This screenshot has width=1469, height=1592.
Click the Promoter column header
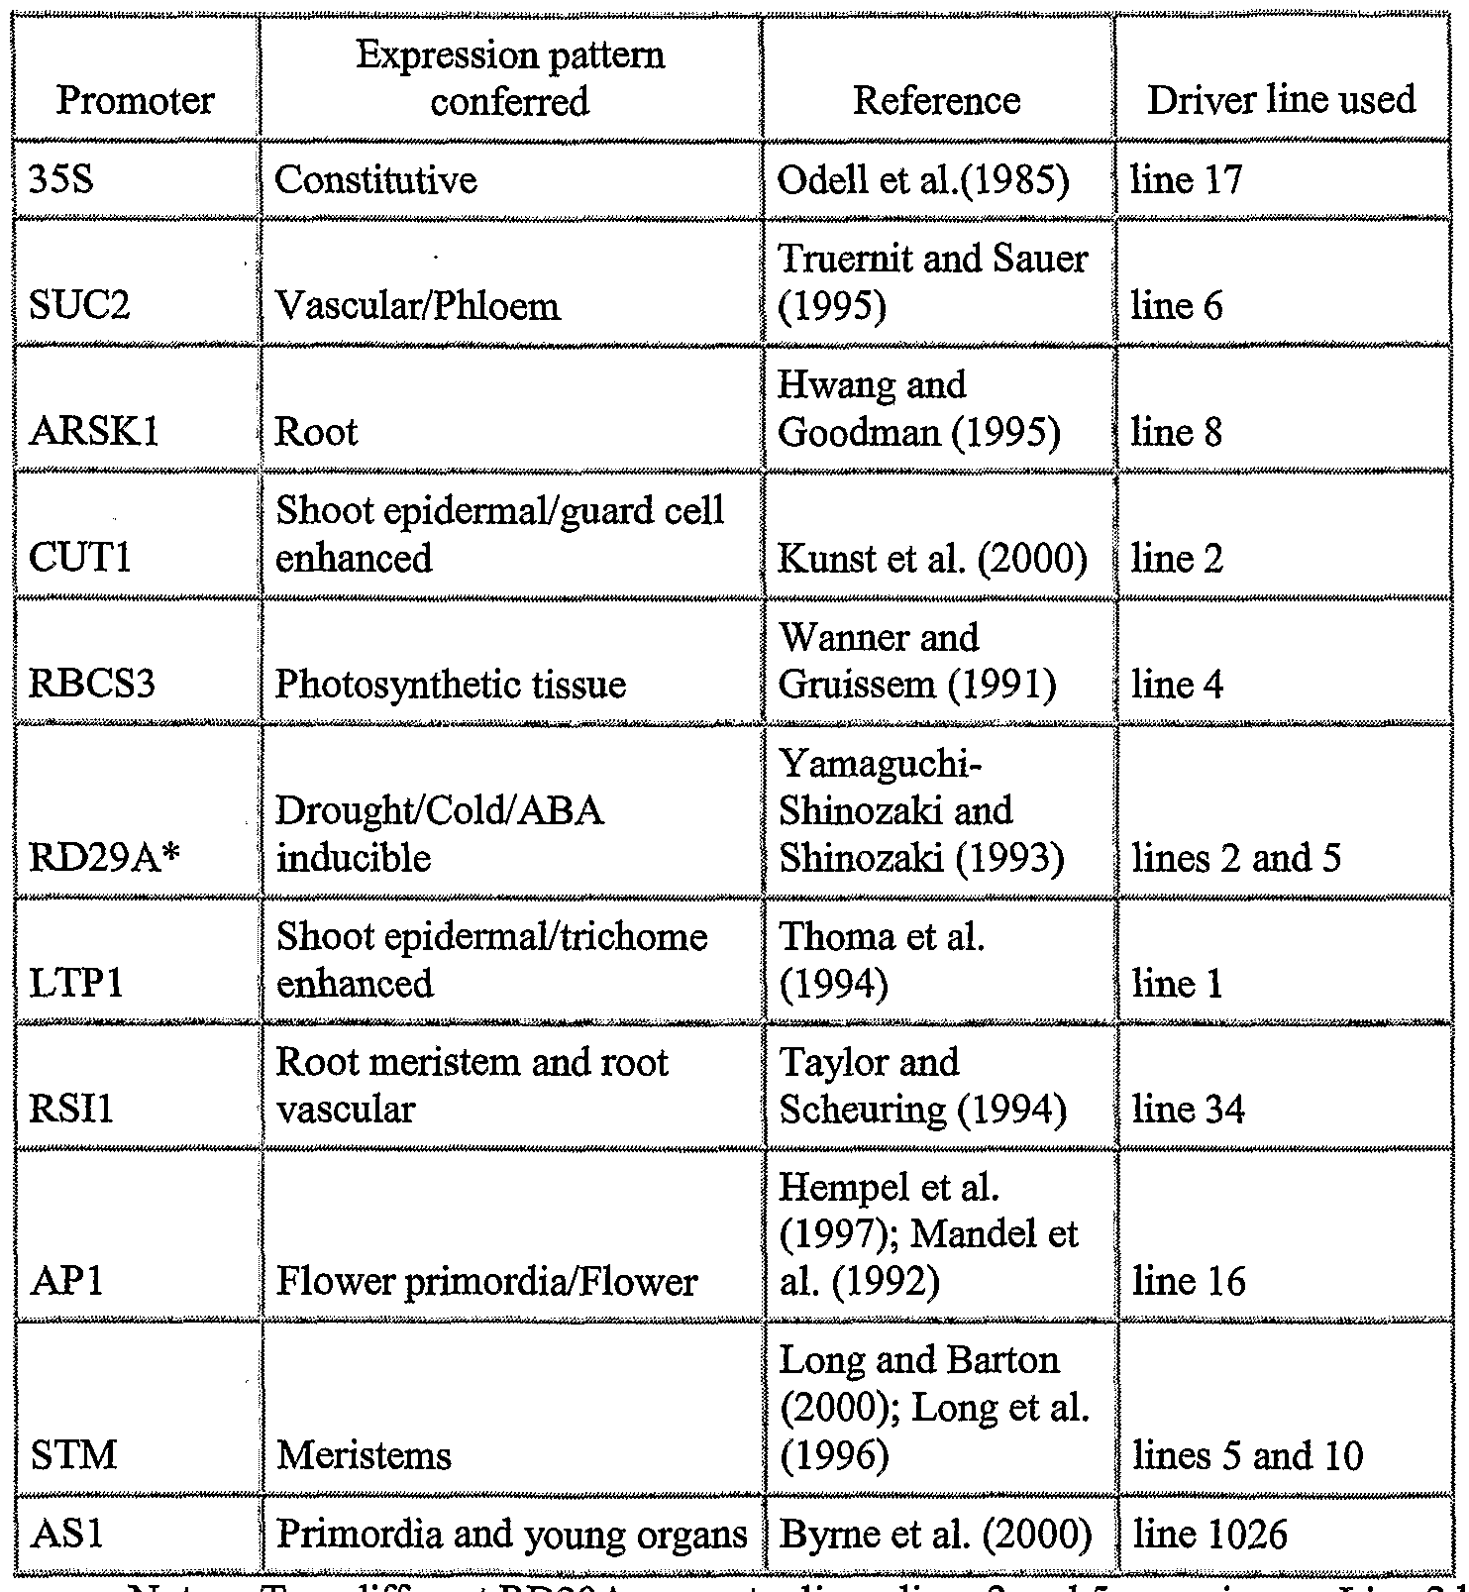(135, 100)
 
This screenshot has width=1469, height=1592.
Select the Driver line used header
(1281, 99)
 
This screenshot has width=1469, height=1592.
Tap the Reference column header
(936, 100)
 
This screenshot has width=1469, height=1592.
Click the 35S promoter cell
(61, 180)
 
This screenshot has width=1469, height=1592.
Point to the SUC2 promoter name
(79, 305)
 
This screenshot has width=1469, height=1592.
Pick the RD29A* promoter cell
(90, 857)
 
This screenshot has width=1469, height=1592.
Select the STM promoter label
(73, 1454)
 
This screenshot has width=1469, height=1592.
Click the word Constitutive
(375, 180)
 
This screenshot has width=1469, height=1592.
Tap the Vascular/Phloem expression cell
(417, 305)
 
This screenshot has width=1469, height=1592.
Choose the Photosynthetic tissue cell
(451, 685)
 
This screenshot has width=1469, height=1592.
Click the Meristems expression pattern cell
(365, 1454)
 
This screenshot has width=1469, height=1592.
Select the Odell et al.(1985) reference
(923, 180)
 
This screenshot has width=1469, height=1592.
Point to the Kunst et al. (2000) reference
(932, 559)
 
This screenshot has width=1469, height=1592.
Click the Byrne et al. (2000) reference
(936, 1534)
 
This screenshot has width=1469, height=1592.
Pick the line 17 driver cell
(1186, 180)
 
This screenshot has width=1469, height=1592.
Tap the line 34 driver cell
(1189, 1109)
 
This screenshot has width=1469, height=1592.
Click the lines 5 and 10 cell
(1248, 1454)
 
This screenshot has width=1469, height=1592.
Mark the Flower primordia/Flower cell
(486, 1282)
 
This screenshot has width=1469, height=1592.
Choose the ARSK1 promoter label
(94, 432)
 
